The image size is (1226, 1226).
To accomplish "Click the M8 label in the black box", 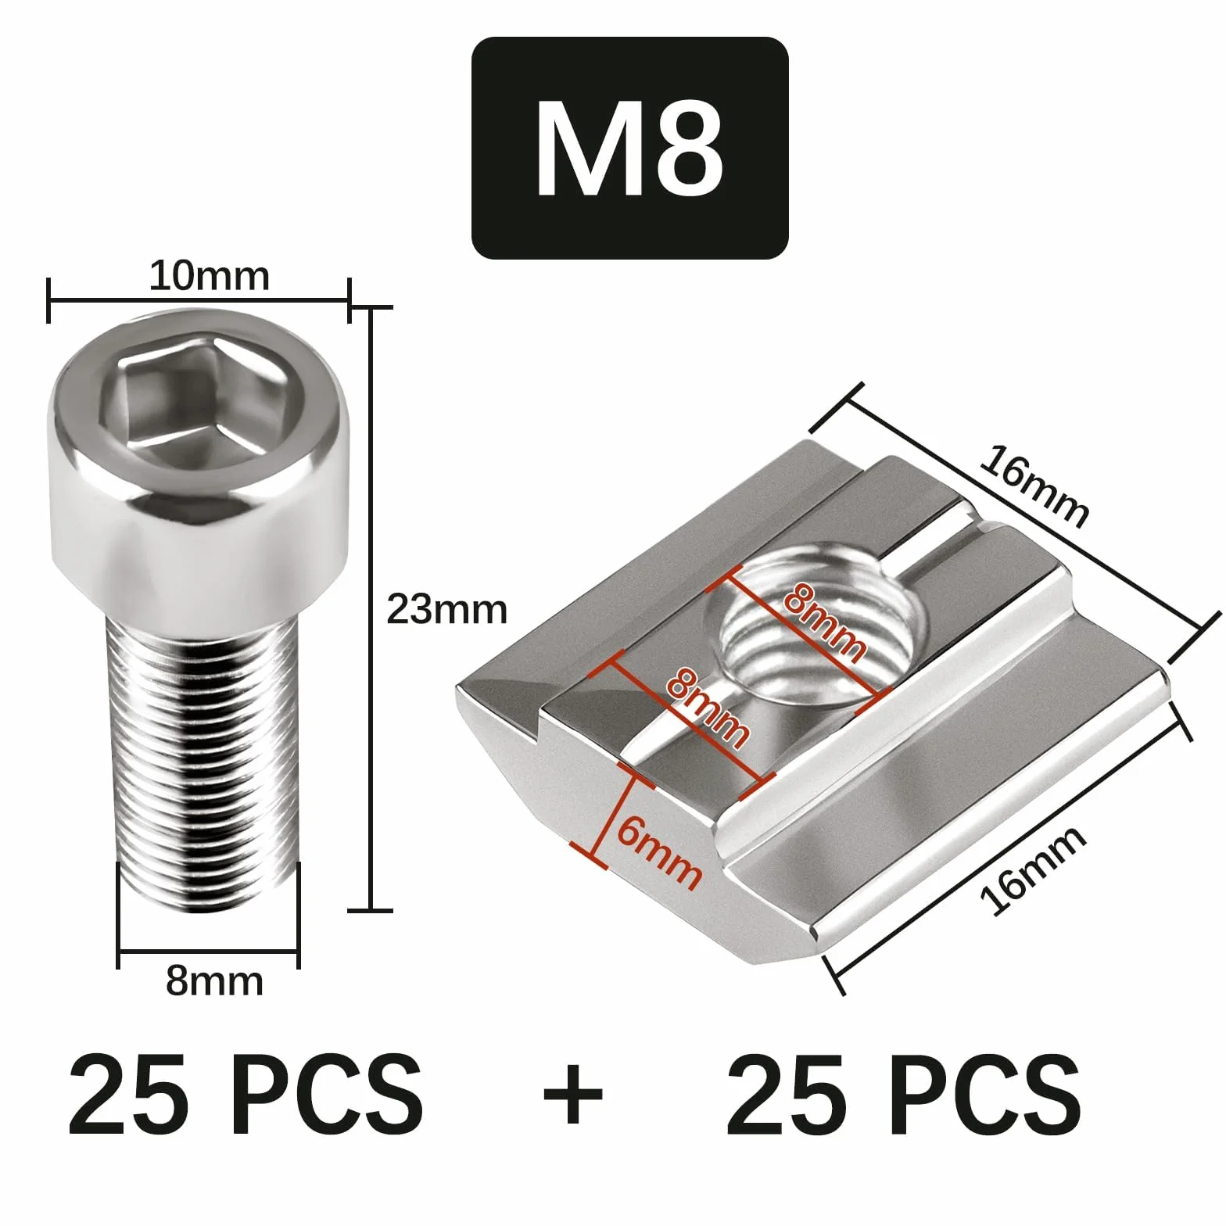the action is click(629, 148).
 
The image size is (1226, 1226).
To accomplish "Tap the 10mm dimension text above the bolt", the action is click(209, 276).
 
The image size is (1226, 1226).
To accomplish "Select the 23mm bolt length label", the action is click(447, 609).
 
